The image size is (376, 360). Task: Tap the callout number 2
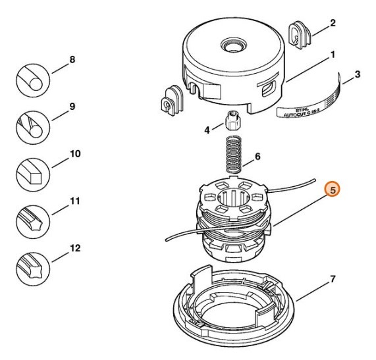coord(333,23)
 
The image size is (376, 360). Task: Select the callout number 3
coord(357,74)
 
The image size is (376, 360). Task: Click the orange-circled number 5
coord(333,190)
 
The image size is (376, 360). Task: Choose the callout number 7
coord(333,279)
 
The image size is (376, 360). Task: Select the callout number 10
coord(75,153)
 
